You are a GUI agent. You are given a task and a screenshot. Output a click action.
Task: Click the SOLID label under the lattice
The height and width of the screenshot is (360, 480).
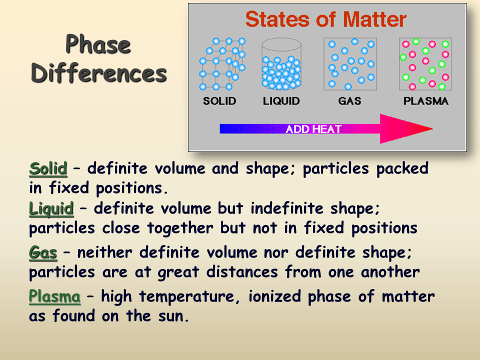pos(219,100)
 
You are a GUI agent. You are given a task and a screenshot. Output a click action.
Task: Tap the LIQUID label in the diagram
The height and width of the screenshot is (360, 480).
pos(281,100)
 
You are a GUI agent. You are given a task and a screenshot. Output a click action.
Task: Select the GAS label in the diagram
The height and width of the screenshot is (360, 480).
pos(349,100)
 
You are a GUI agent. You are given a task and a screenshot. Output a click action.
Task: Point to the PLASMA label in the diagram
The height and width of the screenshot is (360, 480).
pos(426,100)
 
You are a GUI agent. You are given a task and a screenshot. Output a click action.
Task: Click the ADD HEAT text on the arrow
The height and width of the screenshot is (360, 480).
pos(313,129)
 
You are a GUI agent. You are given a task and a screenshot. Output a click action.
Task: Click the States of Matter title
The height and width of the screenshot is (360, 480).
pos(326,19)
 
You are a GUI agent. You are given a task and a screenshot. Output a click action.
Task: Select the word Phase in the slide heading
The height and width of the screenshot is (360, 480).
pos(98,44)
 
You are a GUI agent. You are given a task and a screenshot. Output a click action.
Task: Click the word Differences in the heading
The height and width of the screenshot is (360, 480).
pos(99,73)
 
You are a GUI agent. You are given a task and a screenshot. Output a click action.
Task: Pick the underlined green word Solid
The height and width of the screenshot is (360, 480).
pos(48,168)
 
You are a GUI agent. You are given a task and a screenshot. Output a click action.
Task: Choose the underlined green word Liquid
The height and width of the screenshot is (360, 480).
pos(51,209)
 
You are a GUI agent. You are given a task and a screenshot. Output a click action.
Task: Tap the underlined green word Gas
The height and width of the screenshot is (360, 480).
pos(43,253)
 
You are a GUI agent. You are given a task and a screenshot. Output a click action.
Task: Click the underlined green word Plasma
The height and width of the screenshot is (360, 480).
pos(55,296)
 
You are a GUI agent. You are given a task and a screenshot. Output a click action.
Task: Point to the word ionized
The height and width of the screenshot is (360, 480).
pos(274,296)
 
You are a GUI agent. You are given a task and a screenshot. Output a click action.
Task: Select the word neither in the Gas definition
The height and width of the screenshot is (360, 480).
pos(104,252)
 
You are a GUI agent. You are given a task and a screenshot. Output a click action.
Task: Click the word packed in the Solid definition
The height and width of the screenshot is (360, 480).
pos(402,168)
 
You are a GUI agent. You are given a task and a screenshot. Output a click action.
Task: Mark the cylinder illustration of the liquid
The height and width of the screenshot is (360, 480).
pos(281,64)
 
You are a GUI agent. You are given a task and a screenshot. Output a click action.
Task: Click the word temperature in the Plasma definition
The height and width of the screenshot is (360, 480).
pos(189,297)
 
